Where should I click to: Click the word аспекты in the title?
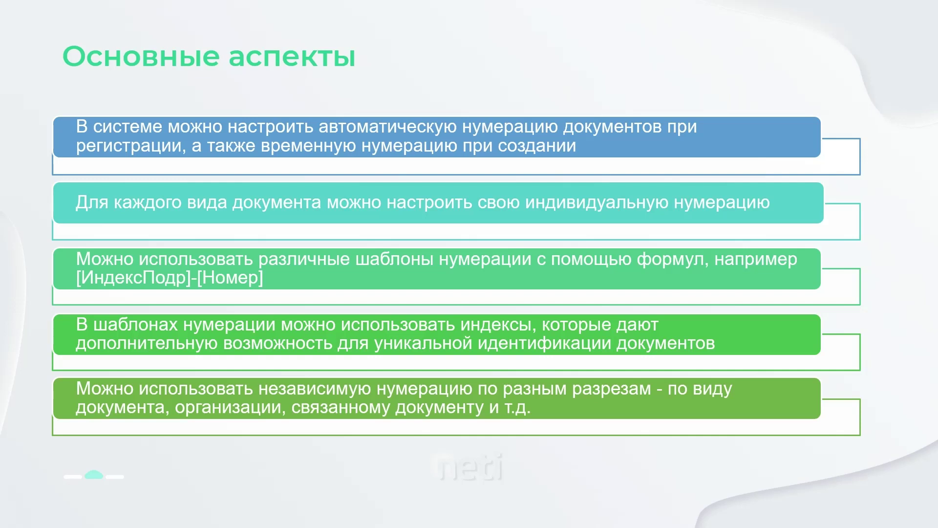click(292, 57)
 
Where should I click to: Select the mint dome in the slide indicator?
click(94, 475)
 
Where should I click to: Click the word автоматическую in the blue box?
click(388, 127)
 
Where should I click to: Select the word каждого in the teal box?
click(148, 203)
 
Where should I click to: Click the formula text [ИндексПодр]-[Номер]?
click(170, 278)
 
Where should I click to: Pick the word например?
click(756, 259)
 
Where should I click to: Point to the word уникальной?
click(424, 343)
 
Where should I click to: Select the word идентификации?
click(544, 343)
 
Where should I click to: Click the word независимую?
click(315, 389)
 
